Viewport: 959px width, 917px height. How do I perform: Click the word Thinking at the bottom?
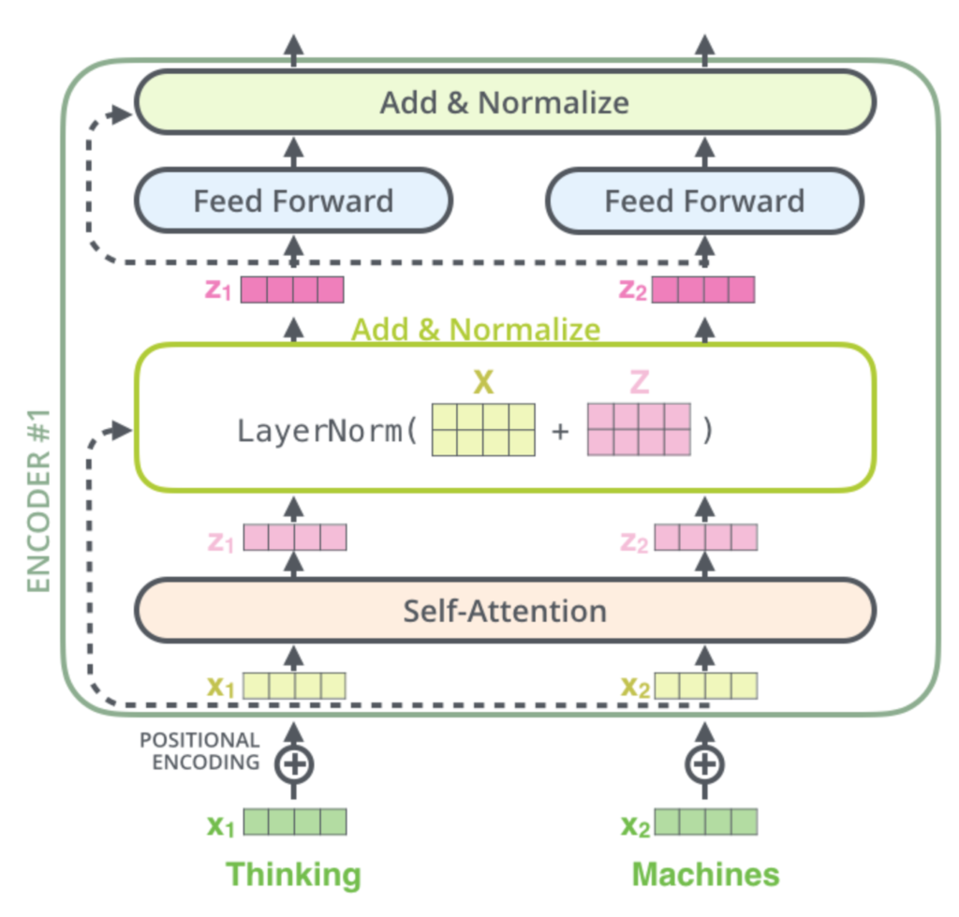tap(293, 875)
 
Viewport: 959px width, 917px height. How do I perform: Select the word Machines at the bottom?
tap(705, 875)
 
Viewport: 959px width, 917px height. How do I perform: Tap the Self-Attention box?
tap(505, 611)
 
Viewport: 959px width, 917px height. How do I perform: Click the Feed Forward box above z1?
tap(293, 200)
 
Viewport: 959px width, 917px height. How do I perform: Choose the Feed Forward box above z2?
tap(704, 200)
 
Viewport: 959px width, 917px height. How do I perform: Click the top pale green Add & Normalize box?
tap(505, 102)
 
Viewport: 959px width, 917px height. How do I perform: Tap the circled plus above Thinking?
tap(294, 763)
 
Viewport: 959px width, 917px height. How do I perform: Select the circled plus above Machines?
tap(704, 763)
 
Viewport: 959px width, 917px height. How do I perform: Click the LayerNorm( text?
tap(327, 432)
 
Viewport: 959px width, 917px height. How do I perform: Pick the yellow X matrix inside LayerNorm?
tap(483, 430)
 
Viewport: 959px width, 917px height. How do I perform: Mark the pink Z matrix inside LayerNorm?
tap(640, 430)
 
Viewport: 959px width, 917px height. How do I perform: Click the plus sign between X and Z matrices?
tap(561, 432)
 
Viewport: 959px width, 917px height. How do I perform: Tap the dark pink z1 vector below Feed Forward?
tap(292, 289)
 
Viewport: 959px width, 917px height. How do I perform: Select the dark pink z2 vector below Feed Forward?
tap(702, 289)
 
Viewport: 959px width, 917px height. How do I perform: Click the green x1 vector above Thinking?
tap(295, 822)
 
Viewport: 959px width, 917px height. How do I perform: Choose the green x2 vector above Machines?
tap(705, 822)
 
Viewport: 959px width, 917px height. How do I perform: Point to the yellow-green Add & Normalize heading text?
tap(476, 330)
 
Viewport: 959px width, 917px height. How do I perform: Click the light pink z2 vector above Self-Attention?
tap(705, 538)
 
